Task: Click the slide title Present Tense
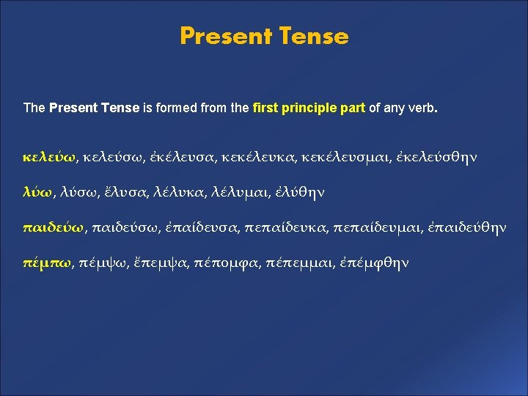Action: (264, 36)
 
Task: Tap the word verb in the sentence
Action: (423, 108)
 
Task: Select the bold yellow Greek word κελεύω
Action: (49, 157)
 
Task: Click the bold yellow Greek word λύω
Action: (38, 192)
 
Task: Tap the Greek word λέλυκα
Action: (179, 192)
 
